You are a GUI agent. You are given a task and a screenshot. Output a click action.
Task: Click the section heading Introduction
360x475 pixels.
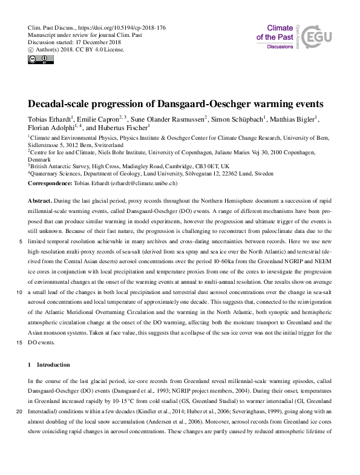pos(53,365)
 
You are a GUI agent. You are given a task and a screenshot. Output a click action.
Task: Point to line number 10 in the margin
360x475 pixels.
pos(20,292)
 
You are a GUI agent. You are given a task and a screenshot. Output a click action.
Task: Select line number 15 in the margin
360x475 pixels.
pos(20,342)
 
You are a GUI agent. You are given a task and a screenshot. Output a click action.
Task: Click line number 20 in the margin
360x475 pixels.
pos(20,412)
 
